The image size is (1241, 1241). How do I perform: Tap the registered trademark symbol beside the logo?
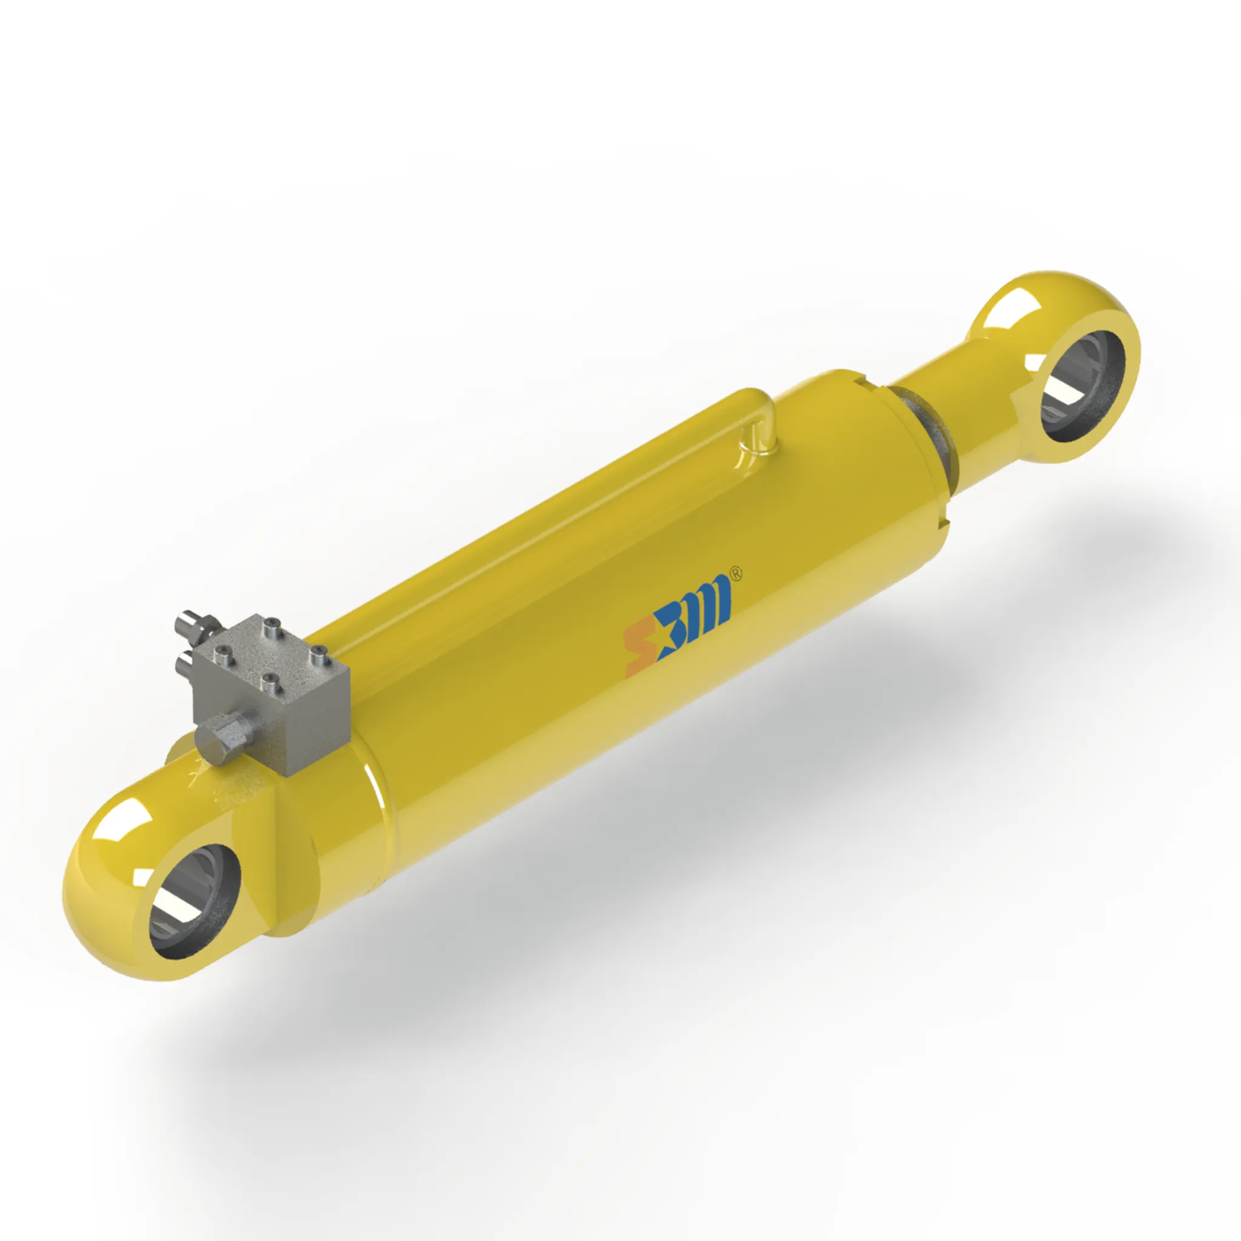click(x=737, y=574)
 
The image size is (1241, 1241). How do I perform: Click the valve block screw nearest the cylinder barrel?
click(x=319, y=656)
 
